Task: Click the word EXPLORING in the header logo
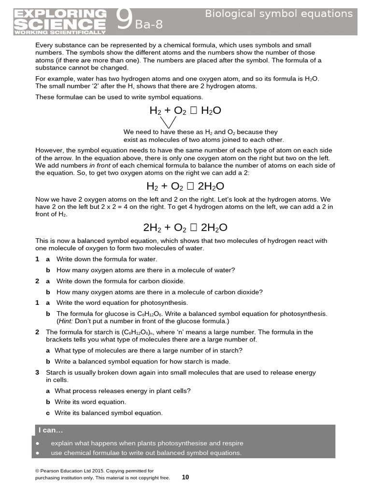[61, 13]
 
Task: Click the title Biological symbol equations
[279, 14]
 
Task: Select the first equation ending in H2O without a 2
[185, 110]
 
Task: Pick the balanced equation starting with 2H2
[185, 227]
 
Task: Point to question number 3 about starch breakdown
[37, 372]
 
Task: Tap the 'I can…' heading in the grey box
[51, 430]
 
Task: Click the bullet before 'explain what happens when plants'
[38, 443]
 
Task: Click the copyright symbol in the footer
[37, 470]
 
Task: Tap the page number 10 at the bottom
[185, 477]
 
